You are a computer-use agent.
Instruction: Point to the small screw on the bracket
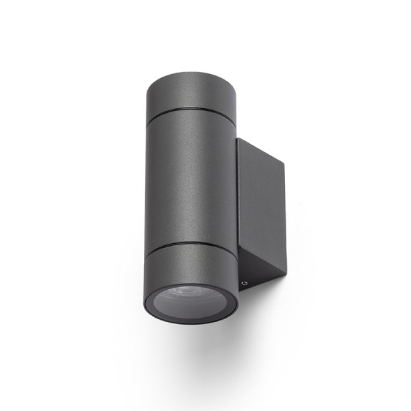[x=244, y=282]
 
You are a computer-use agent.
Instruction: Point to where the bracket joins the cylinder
[x=237, y=206]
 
